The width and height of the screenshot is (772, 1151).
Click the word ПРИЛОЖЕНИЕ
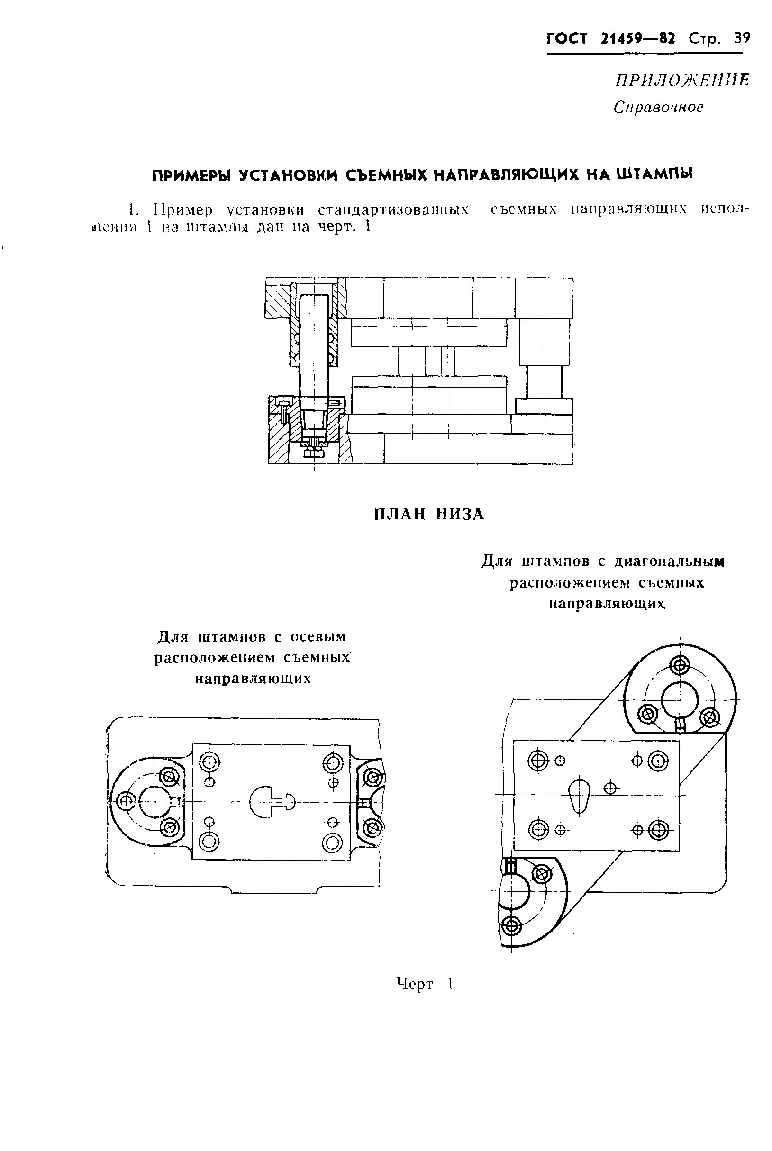pos(682,80)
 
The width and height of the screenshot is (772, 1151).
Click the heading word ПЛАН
pos(397,514)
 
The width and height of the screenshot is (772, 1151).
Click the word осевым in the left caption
pos(318,636)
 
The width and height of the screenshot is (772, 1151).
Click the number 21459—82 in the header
pos(638,38)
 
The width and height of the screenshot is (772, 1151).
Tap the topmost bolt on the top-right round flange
pos(680,667)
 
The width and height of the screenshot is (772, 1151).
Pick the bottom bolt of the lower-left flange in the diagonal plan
pos(511,927)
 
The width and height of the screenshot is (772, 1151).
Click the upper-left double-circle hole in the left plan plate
pos(210,763)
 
